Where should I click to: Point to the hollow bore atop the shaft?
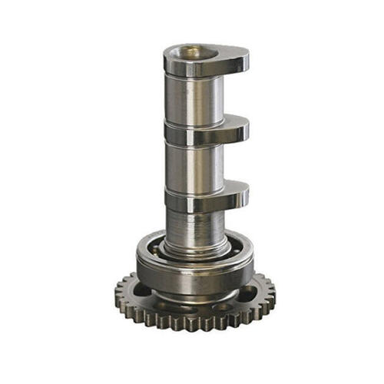[190, 52]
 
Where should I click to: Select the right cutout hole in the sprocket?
[252, 290]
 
